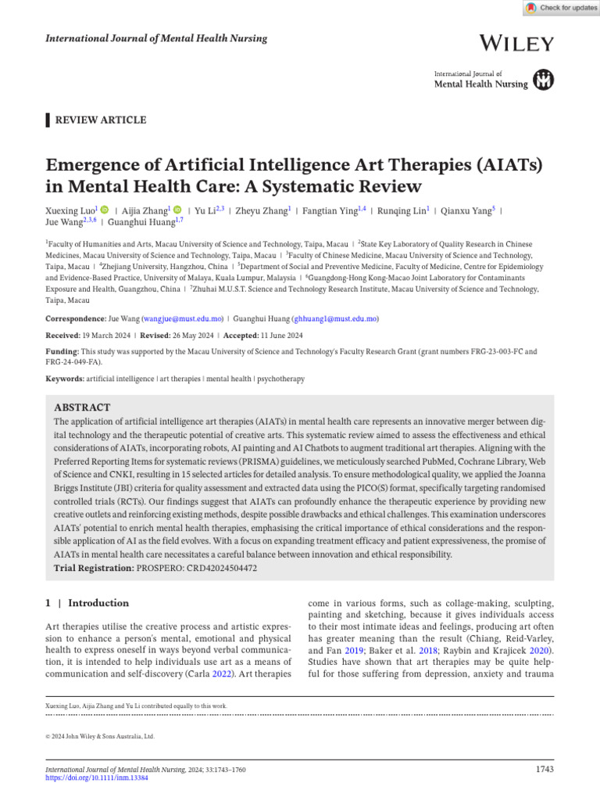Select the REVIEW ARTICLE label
(x=99, y=120)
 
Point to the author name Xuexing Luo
(x=70, y=210)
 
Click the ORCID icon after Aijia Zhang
(x=177, y=210)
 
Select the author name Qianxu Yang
(x=465, y=210)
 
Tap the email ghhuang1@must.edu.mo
(x=334, y=319)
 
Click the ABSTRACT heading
(x=82, y=408)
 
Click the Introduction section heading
(x=98, y=603)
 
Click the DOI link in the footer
(x=96, y=778)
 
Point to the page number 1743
(x=545, y=770)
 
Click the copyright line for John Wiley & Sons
(x=101, y=736)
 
